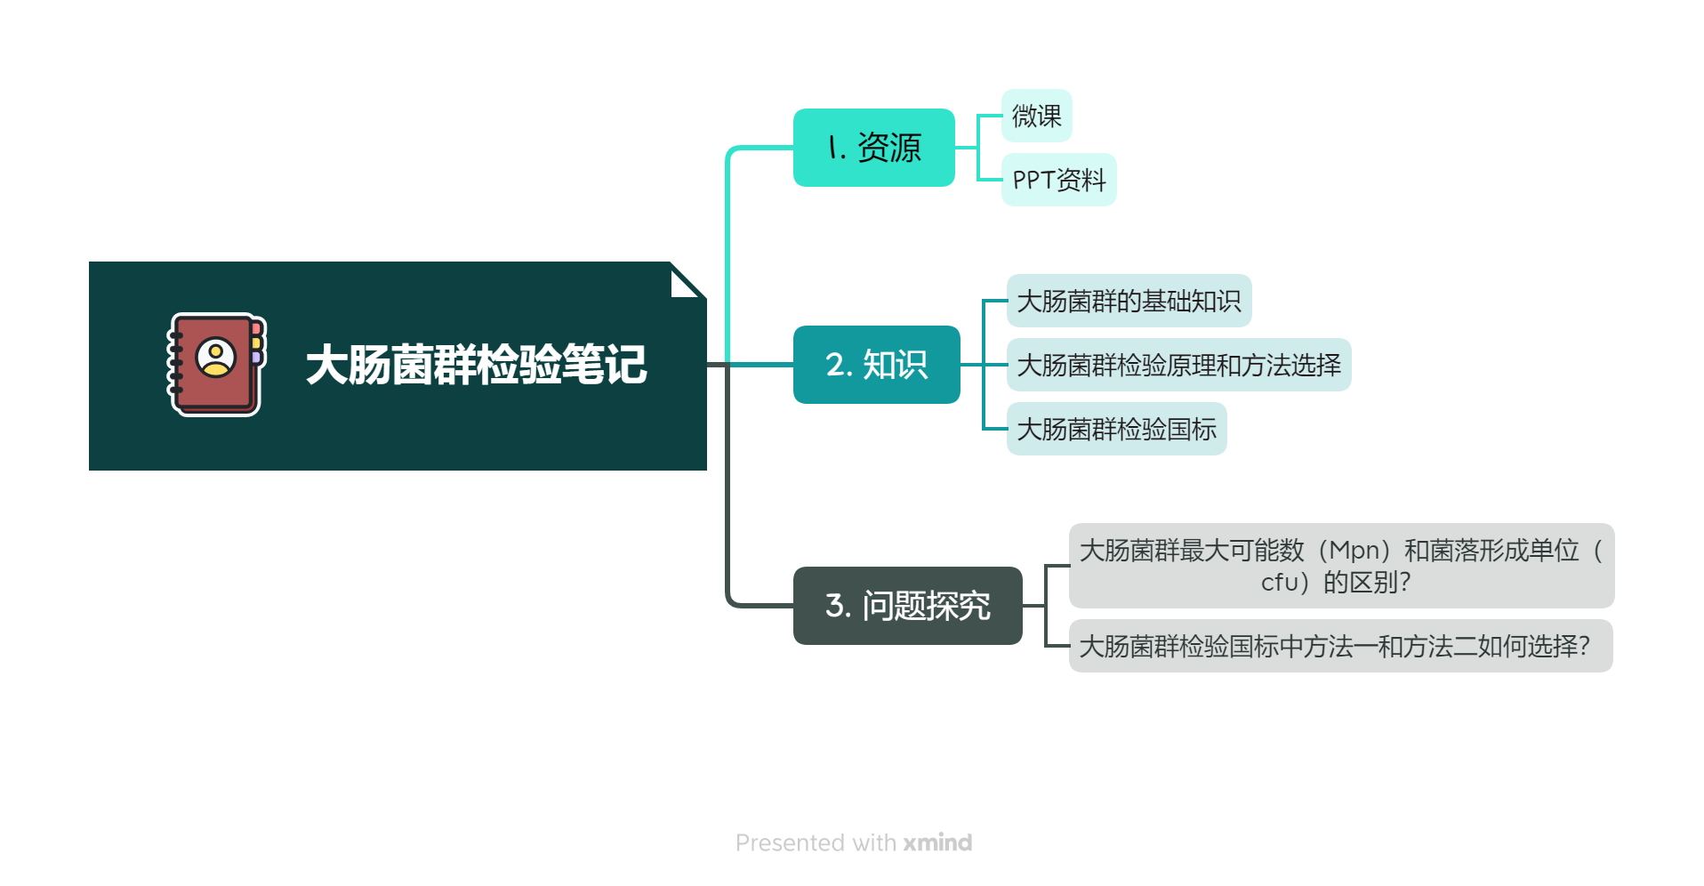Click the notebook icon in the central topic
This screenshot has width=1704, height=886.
coord(216,365)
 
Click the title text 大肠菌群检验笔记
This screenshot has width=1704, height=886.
coord(476,365)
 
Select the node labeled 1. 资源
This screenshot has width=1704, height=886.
coord(873,148)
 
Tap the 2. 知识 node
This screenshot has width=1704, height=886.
coord(876,365)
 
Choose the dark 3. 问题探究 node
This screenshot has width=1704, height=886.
coord(907,606)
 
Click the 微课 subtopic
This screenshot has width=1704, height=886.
coord(1036,116)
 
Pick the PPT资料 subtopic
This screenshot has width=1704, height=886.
coord(1058,180)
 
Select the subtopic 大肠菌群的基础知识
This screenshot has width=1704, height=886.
coord(1129,301)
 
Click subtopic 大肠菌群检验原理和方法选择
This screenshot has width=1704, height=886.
coord(1178,365)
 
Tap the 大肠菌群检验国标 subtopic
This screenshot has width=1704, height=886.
coord(1116,429)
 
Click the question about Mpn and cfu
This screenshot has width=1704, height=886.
coord(1341,566)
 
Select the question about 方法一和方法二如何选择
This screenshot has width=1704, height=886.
coord(1340,646)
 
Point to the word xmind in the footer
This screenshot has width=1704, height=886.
coord(937,842)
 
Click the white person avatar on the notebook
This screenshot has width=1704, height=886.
coord(216,358)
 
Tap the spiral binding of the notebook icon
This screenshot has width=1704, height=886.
coord(175,365)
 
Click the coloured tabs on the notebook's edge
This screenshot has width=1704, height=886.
coord(256,342)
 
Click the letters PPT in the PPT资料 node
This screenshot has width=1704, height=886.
coord(1033,181)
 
